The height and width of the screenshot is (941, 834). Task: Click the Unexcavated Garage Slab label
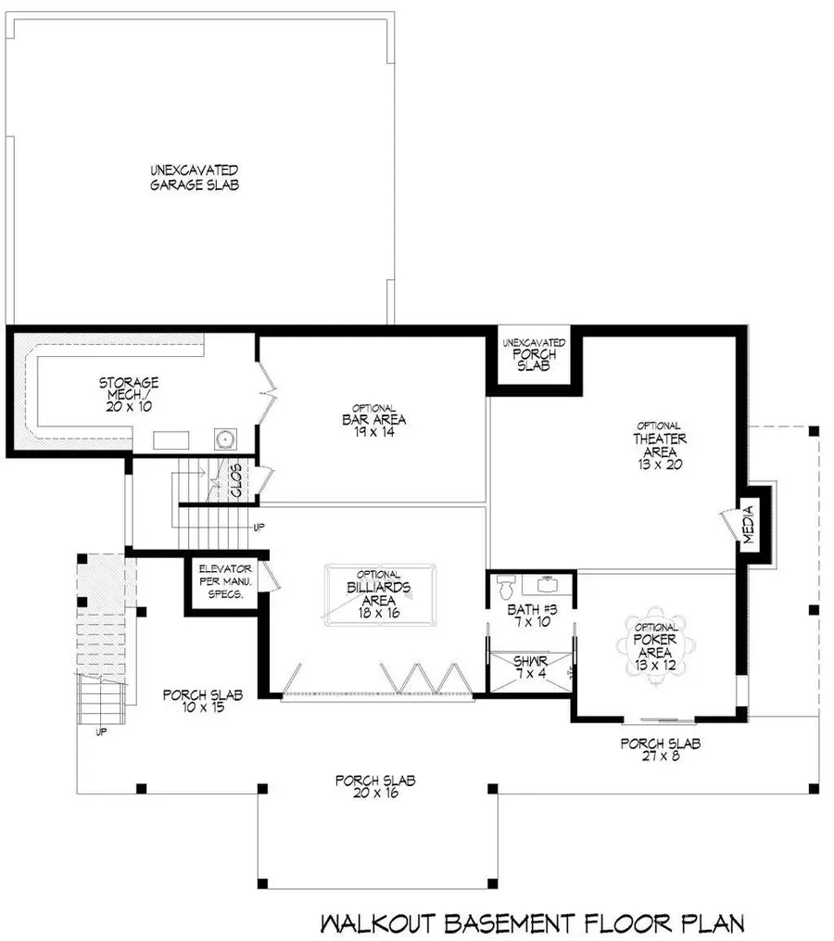[x=195, y=178]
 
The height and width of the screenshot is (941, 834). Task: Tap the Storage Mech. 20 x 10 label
[x=129, y=394]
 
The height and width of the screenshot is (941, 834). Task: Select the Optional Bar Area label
[x=373, y=419]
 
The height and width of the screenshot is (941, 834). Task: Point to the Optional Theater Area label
[x=660, y=445]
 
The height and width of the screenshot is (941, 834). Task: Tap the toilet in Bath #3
[x=506, y=585]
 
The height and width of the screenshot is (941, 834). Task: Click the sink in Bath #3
[x=547, y=584]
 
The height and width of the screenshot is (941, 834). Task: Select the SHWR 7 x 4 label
[x=530, y=668]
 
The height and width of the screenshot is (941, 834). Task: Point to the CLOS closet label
[x=235, y=480]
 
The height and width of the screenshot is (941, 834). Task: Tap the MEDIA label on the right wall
[x=748, y=525]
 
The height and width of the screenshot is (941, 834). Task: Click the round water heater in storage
[x=225, y=439]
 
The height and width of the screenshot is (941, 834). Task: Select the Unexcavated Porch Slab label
[x=534, y=354]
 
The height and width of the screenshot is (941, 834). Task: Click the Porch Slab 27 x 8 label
[x=661, y=750]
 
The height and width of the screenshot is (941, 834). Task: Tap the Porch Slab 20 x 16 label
[x=375, y=787]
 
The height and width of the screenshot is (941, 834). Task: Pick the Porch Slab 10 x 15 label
[x=203, y=701]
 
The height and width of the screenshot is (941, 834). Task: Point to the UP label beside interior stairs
[x=259, y=528]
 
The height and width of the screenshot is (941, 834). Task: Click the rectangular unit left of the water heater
[x=171, y=439]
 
